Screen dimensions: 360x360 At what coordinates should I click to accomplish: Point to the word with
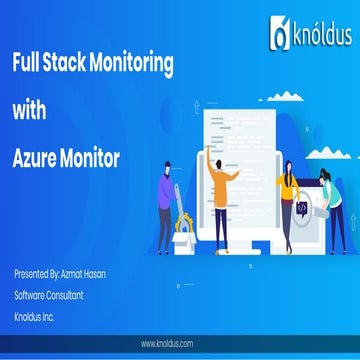pos(29,112)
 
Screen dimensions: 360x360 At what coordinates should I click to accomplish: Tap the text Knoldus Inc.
pos(37,315)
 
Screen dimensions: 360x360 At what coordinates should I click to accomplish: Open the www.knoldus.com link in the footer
pos(179,343)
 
